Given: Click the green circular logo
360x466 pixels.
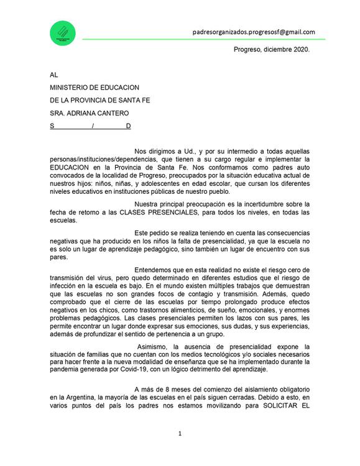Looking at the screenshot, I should (62, 34).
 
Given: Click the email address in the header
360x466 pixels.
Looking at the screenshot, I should (253, 32).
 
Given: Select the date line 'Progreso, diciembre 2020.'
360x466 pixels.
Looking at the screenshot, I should (271, 49).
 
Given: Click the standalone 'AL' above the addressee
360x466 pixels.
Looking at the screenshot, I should (54, 75).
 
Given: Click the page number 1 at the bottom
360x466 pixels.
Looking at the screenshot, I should (180, 433).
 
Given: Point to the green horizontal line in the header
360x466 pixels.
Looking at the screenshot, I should (205, 39).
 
